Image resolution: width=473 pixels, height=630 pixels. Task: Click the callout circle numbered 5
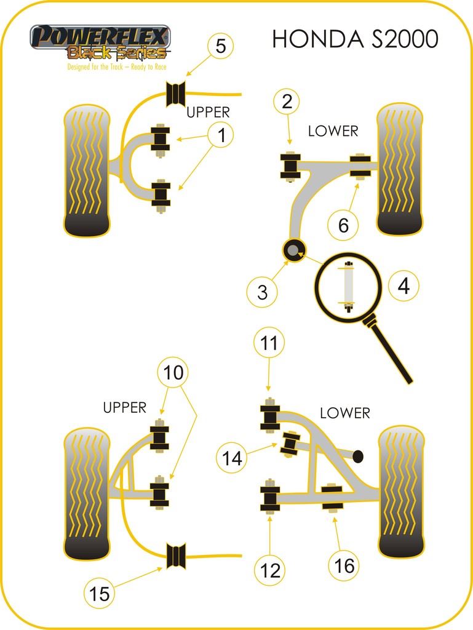(221, 46)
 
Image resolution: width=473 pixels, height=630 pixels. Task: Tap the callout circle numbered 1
(221, 135)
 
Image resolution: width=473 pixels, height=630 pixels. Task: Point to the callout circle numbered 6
(343, 226)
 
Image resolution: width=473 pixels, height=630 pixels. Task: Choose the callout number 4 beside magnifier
(403, 286)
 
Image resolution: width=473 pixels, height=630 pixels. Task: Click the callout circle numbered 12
(270, 570)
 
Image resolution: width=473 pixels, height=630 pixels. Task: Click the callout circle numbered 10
(173, 373)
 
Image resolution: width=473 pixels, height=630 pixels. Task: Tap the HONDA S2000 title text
(355, 39)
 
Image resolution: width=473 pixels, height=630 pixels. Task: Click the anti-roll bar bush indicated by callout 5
(177, 93)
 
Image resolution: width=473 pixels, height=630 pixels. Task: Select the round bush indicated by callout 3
(294, 250)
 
